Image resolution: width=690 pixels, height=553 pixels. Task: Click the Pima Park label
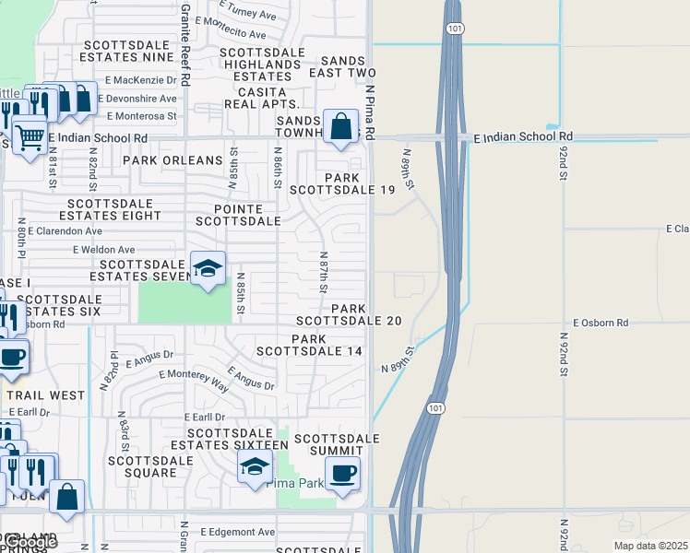295,483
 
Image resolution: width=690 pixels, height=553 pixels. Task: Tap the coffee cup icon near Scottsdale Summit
342,475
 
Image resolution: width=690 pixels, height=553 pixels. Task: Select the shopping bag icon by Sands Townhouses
340,125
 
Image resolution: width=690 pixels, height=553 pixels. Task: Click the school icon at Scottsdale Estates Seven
208,268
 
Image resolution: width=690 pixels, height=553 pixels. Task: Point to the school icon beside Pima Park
255,467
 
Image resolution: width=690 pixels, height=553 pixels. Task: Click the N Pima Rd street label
369,113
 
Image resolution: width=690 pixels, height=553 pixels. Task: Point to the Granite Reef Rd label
184,44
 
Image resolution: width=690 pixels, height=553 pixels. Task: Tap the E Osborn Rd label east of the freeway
600,323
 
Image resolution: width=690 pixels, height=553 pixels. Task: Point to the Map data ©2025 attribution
650,545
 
